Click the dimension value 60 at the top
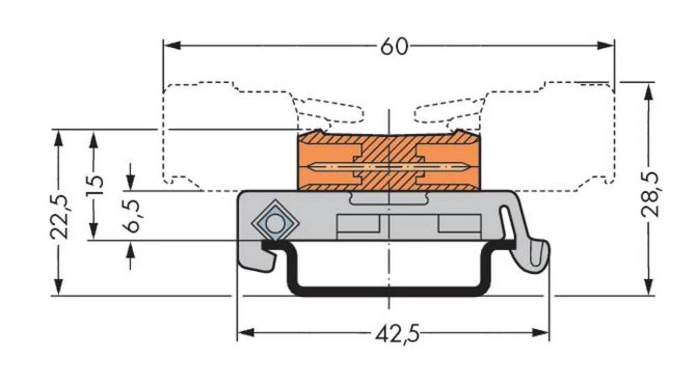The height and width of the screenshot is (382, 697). pyautogui.click(x=393, y=46)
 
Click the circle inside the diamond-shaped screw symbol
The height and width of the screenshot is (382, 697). pyautogui.click(x=275, y=224)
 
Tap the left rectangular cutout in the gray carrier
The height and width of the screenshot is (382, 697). pyautogui.click(x=358, y=224)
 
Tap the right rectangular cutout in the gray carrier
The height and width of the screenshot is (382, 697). pyautogui.click(x=459, y=224)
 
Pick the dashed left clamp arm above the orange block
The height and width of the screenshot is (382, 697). pyautogui.click(x=328, y=110)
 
